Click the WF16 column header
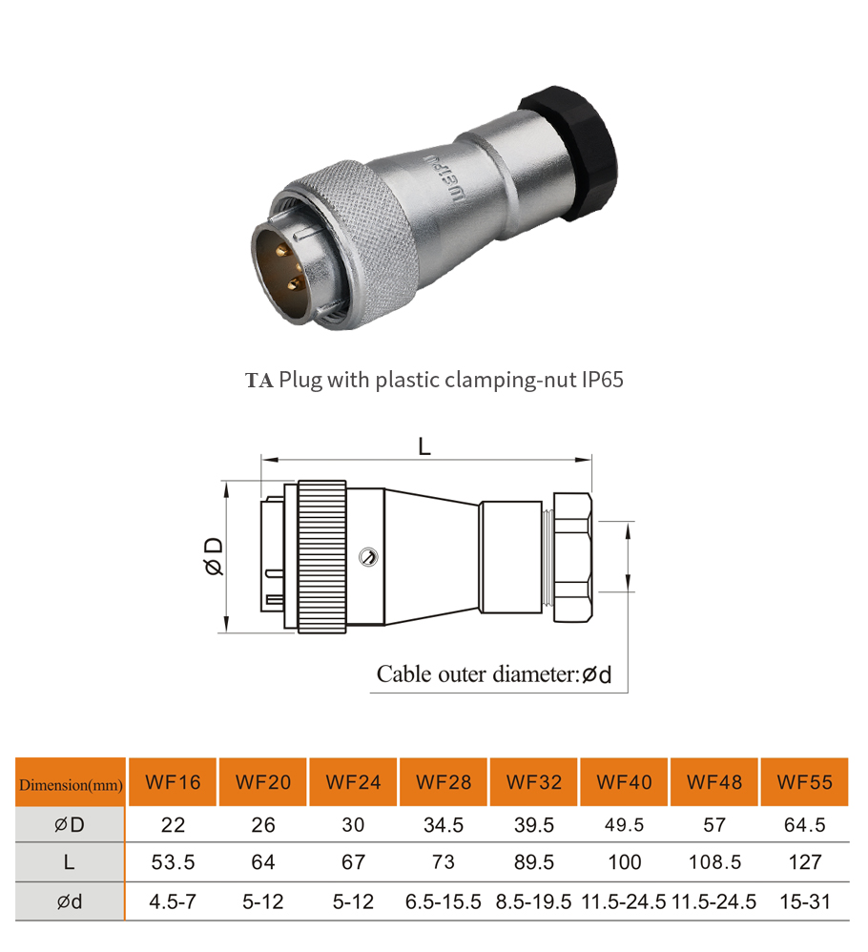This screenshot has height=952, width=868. [x=173, y=783]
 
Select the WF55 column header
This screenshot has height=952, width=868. [x=805, y=783]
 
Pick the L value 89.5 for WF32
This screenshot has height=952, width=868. [x=533, y=862]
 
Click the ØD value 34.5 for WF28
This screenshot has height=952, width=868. [x=444, y=825]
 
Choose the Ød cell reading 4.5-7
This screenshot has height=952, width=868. [x=173, y=901]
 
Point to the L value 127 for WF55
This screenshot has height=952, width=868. [x=805, y=862]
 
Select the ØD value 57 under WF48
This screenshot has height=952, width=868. [x=714, y=825]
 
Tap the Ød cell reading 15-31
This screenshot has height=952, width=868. [x=805, y=901]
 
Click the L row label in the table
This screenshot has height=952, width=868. [x=70, y=862]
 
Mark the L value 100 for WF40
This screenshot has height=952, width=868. [x=624, y=862]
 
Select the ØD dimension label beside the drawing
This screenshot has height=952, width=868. [x=213, y=556]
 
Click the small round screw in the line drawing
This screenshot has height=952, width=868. [x=366, y=557]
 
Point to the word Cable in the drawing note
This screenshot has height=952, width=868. [x=404, y=675]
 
